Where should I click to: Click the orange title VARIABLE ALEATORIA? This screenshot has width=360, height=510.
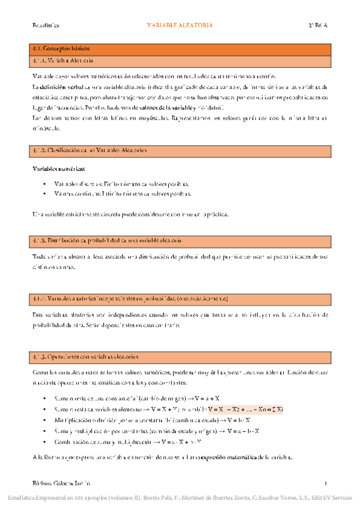(x=180, y=25)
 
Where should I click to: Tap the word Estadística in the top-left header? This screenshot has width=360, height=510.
(x=45, y=25)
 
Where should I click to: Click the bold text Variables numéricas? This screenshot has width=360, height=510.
(x=58, y=169)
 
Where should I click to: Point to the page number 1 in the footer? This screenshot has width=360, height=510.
(x=325, y=483)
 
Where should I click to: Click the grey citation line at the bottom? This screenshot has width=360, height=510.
(x=180, y=498)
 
